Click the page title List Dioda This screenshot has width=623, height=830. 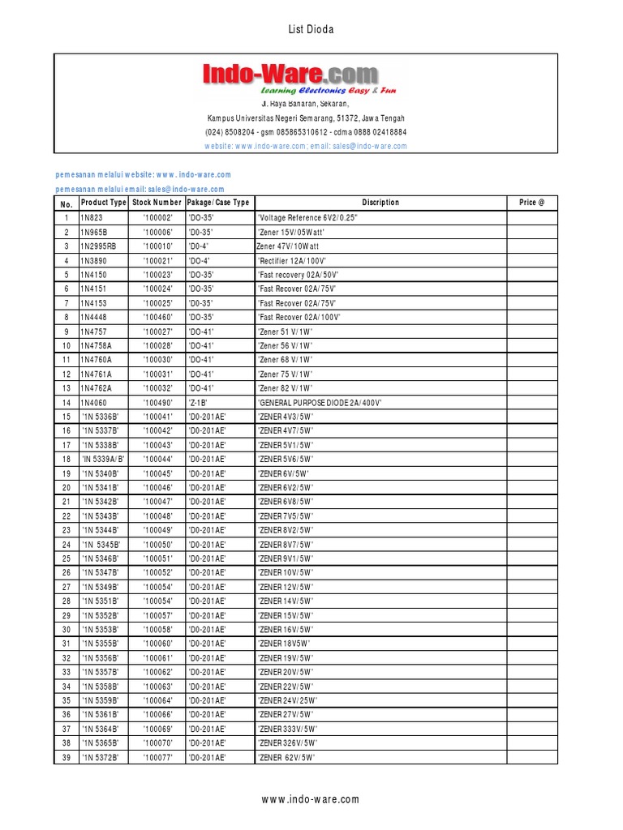311,30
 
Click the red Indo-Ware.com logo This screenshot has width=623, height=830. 290,75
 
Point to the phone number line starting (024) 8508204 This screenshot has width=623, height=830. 306,131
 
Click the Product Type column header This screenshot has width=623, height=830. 104,203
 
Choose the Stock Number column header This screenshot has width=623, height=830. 157,203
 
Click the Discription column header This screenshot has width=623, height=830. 380,203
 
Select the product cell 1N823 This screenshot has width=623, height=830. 92,218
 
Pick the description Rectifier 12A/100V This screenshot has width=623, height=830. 291,260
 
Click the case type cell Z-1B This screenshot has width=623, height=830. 198,402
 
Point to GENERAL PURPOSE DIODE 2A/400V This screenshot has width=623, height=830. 319,402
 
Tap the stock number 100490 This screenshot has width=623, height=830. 157,402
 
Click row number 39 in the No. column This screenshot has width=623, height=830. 66,757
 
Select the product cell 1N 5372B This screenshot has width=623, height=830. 101,757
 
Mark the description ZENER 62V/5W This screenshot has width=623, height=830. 286,757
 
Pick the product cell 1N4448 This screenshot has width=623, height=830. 94,317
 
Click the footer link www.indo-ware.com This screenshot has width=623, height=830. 311,799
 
